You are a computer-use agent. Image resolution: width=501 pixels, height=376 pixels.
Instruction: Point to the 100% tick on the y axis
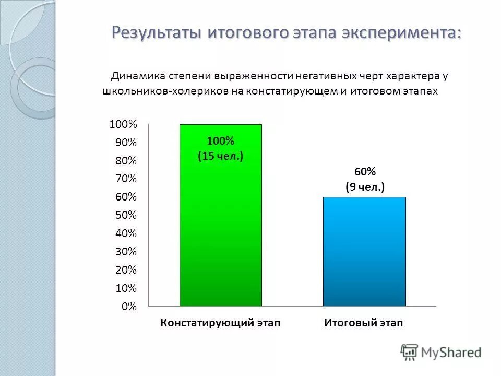123,124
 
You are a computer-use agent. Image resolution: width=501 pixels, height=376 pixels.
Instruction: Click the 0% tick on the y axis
129,307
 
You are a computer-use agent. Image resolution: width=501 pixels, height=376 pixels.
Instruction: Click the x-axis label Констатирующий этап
220,323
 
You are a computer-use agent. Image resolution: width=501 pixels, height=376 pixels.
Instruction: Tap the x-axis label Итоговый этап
364,323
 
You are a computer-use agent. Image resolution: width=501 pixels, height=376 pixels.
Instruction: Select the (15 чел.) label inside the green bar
220,156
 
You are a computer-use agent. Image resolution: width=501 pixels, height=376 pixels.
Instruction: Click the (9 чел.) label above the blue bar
365,186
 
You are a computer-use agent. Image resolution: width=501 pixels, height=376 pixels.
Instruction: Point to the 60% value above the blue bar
365,172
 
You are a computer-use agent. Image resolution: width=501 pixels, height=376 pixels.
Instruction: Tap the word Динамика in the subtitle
137,76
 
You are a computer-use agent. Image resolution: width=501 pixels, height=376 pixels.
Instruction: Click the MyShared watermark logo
441,351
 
